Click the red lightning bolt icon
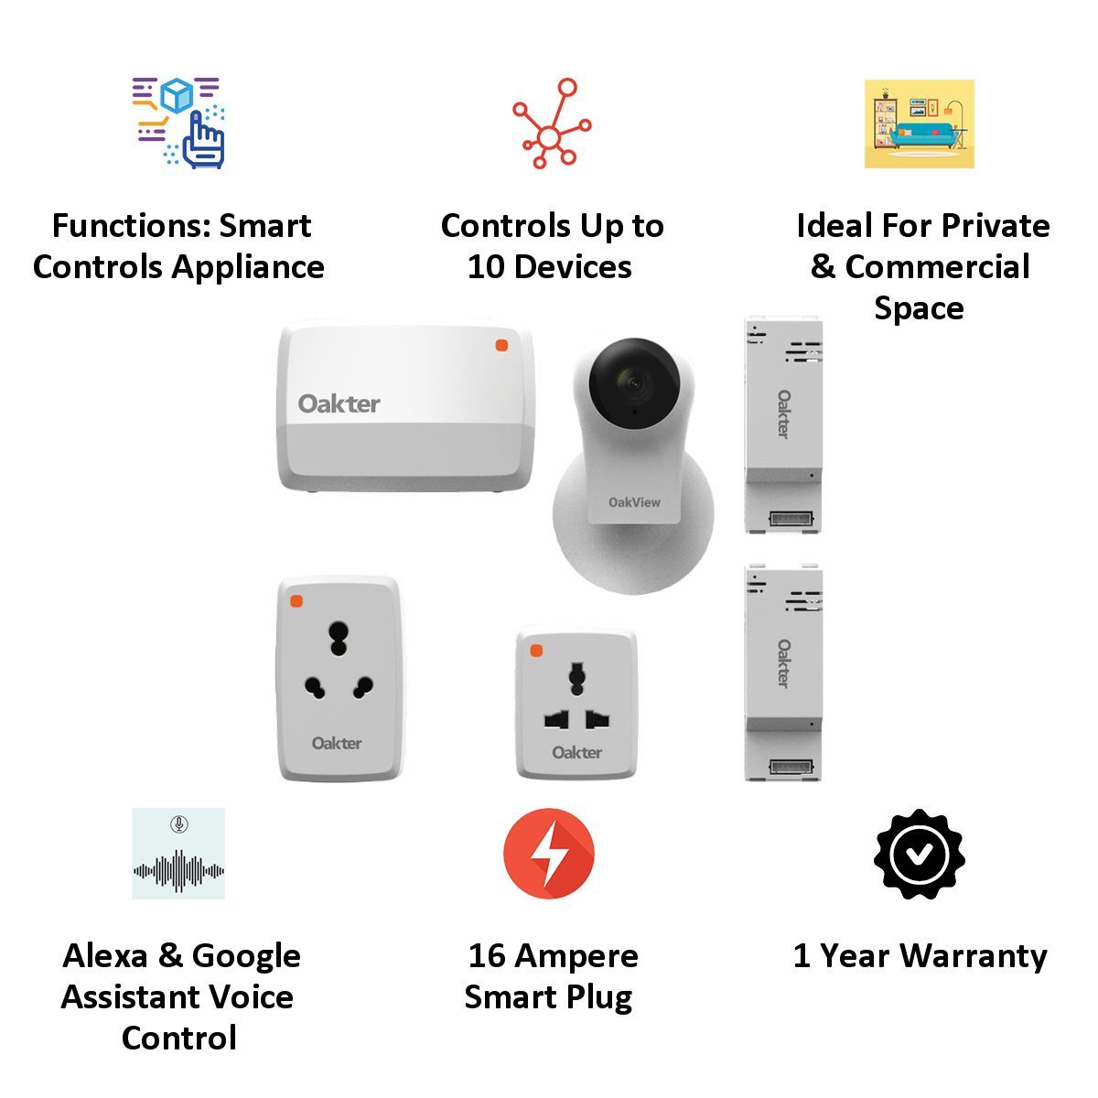click(x=549, y=854)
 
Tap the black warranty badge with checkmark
click(x=919, y=854)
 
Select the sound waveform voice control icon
click(x=178, y=854)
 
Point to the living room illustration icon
click(x=919, y=124)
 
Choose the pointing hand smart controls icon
click(x=179, y=124)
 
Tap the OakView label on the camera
click(x=634, y=502)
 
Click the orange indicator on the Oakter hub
click(x=501, y=345)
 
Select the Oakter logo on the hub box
click(x=339, y=404)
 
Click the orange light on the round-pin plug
click(x=296, y=601)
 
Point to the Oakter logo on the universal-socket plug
click(x=576, y=752)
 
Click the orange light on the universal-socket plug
click(x=536, y=651)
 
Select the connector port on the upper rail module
click(x=784, y=519)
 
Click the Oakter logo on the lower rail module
click(x=784, y=663)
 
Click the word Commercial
click(x=938, y=267)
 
